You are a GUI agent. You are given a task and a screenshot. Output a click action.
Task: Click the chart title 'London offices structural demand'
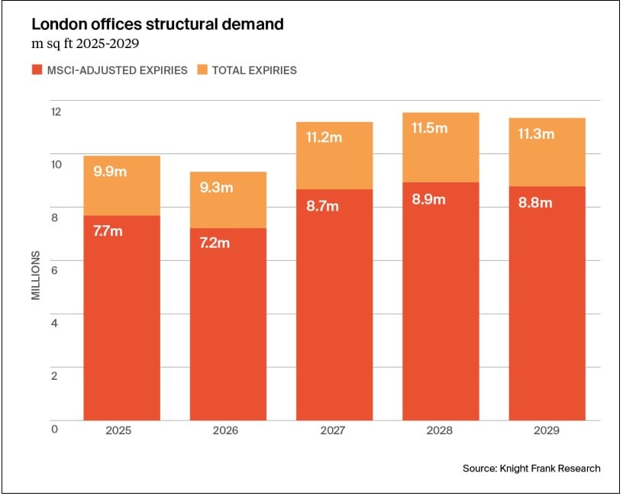click(x=157, y=24)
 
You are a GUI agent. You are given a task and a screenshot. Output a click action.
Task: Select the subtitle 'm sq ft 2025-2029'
click(x=85, y=42)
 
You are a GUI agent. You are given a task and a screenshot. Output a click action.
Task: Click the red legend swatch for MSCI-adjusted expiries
click(x=37, y=70)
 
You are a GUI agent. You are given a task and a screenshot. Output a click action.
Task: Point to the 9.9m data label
click(x=109, y=172)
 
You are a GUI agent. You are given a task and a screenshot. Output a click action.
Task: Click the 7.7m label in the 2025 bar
click(x=106, y=231)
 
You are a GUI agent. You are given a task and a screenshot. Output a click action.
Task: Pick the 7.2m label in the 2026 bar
click(x=213, y=243)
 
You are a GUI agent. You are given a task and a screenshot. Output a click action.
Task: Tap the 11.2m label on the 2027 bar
click(x=321, y=138)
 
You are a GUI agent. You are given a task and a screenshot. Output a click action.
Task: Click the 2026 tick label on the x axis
click(x=226, y=430)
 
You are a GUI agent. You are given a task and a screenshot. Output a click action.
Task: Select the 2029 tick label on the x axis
click(x=547, y=430)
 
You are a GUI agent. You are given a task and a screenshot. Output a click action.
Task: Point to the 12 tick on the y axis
click(x=55, y=111)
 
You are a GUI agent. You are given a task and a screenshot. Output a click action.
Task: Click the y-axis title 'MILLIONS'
click(x=36, y=272)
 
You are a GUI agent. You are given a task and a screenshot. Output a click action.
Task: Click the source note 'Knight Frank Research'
click(x=531, y=468)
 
